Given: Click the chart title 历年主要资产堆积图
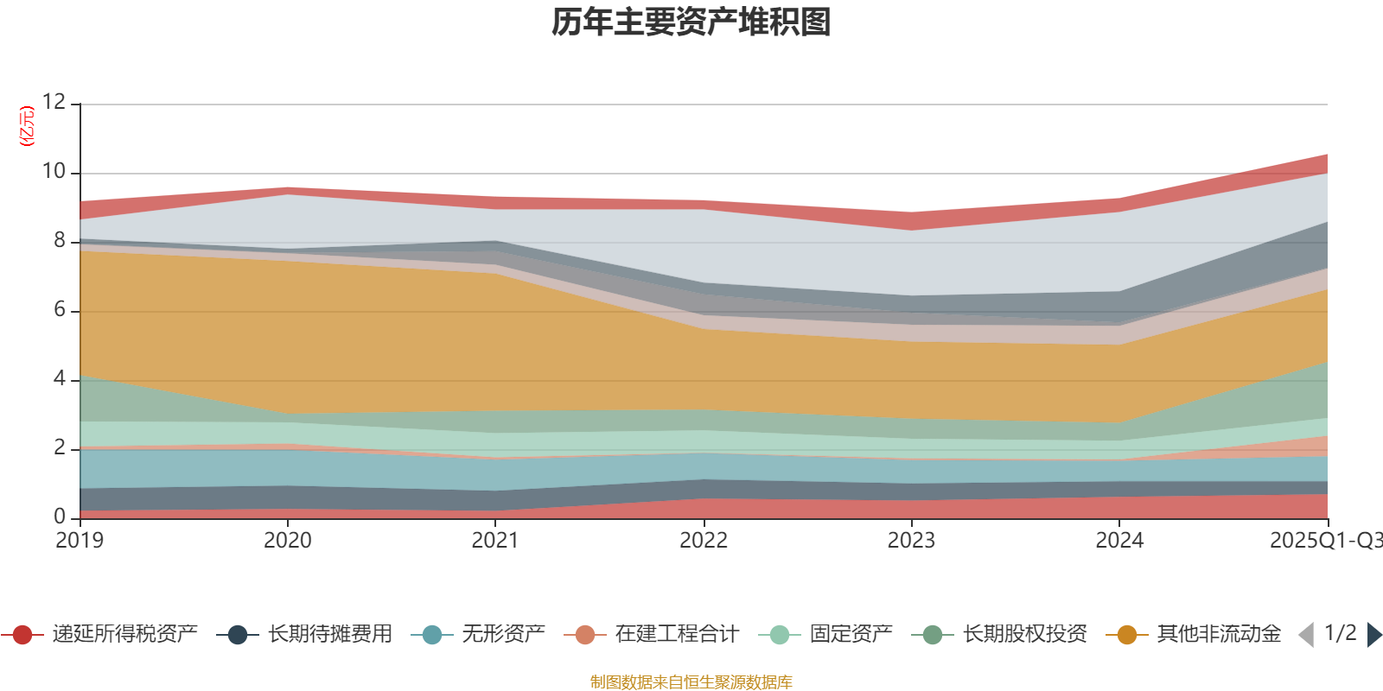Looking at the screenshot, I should (x=691, y=22).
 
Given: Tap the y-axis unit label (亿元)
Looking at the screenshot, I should (x=28, y=126).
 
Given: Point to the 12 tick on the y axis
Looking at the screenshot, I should (x=54, y=102).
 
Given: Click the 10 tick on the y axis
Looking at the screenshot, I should (x=54, y=171).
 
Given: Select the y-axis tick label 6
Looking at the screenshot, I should (x=60, y=309).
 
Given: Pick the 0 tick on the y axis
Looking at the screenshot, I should (x=60, y=517).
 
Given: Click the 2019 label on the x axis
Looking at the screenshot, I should (x=80, y=541).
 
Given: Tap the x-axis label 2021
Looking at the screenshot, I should (x=495, y=541).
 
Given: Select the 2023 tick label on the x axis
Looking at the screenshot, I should (x=911, y=541).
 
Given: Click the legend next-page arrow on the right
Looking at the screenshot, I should (x=1373, y=635).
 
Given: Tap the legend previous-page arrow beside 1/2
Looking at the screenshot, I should (x=1306, y=635).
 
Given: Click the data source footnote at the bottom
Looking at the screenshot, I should (x=691, y=682).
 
